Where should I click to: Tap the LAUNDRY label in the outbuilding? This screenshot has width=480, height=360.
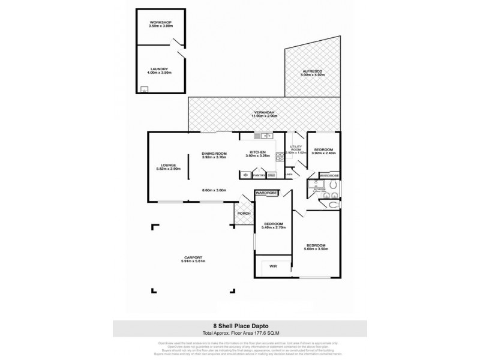pos(159,70)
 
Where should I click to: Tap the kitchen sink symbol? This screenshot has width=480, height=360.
pos(263,135)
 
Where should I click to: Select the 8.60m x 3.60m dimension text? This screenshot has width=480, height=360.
pos(214,190)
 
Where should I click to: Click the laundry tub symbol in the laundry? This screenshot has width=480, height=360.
pos(145,89)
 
